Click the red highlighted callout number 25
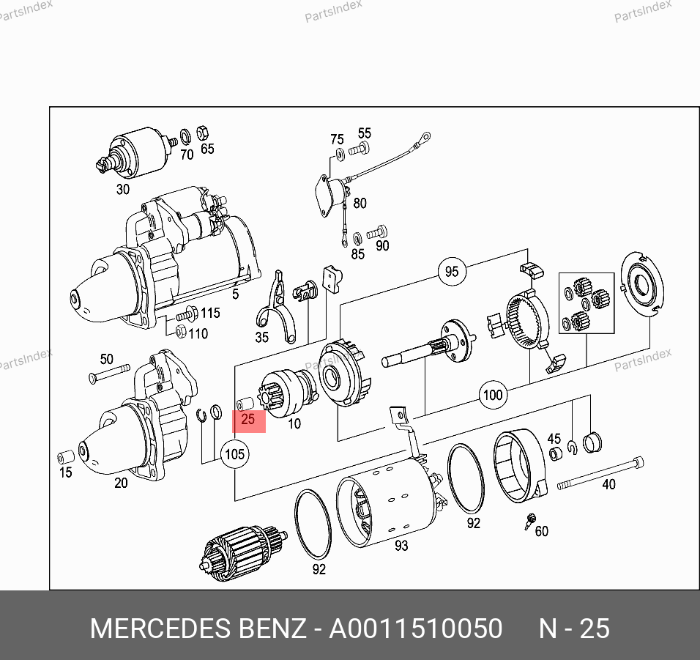click(248, 419)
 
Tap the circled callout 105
click(235, 454)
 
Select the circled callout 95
click(452, 271)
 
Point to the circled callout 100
click(493, 395)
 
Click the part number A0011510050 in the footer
click(416, 629)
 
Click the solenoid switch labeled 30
click(135, 152)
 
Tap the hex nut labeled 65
click(203, 133)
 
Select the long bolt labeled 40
click(600, 474)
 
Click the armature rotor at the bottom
click(242, 553)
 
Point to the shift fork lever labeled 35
click(276, 307)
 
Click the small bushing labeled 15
click(66, 457)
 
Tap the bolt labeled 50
click(109, 374)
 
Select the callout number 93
click(401, 545)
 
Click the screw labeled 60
click(530, 521)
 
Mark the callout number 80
click(360, 203)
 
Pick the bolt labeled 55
click(359, 149)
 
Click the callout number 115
click(210, 313)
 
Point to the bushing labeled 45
click(555, 453)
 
